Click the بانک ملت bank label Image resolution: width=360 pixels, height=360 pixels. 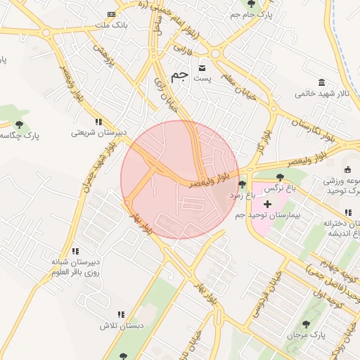coord(110,25)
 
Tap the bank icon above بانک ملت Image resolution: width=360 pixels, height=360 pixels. coord(110,15)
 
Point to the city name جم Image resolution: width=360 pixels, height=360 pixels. coord(180,75)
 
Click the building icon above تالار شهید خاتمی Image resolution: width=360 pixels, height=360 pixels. coord(322,82)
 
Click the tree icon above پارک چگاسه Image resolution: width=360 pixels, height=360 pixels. coord(19,124)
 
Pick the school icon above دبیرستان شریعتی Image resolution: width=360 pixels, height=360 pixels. coord(98,121)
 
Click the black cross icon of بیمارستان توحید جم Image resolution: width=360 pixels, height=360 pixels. coord(267,203)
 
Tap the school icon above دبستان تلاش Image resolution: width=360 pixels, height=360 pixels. coord(121,314)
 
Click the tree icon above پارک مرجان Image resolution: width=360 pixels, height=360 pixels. coord(306,324)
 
